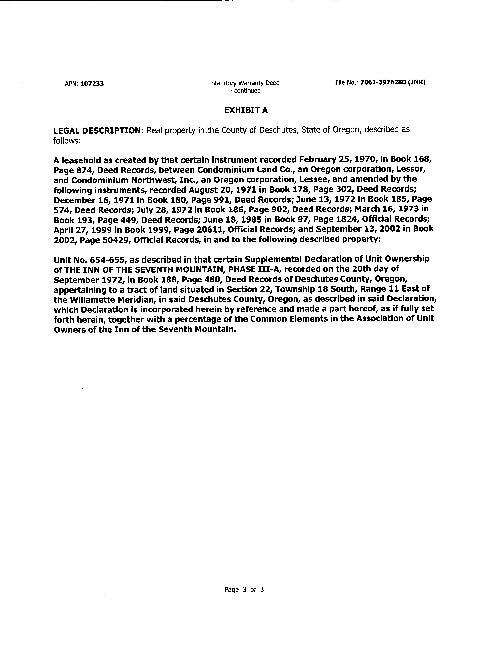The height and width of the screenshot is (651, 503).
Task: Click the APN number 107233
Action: (x=92, y=84)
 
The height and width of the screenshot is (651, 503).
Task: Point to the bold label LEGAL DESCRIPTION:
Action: (x=99, y=131)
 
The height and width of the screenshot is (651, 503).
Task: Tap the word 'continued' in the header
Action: (x=247, y=91)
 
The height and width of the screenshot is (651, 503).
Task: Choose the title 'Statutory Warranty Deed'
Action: (x=245, y=83)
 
